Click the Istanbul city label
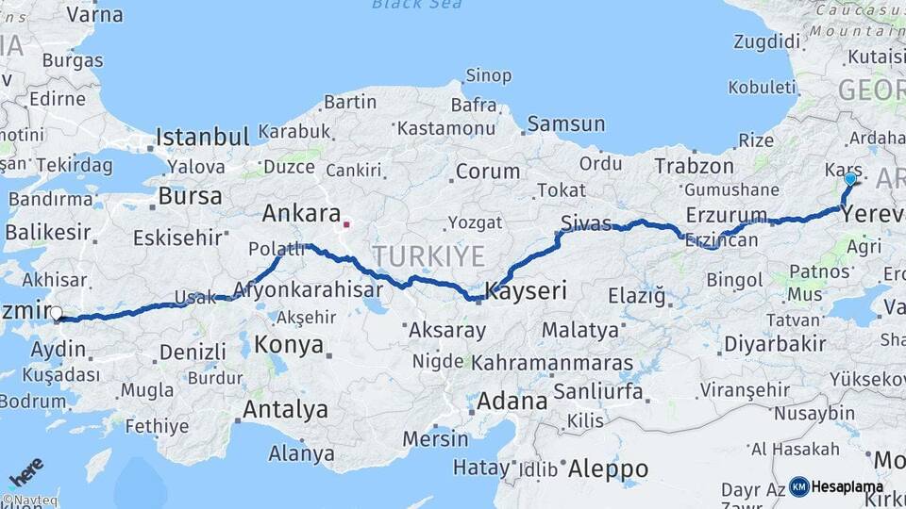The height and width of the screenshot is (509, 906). pyautogui.click(x=202, y=137)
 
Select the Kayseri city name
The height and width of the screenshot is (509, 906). pyautogui.click(x=526, y=290)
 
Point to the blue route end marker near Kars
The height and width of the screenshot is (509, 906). pyautogui.click(x=850, y=178)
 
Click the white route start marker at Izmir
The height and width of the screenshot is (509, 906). pyautogui.click(x=57, y=314)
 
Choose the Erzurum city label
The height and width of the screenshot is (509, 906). pyautogui.click(x=726, y=214)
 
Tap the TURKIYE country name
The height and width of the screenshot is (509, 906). pyautogui.click(x=428, y=255)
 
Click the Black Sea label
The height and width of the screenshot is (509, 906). pyautogui.click(x=416, y=5)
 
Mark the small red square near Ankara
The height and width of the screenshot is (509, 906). pyautogui.click(x=346, y=224)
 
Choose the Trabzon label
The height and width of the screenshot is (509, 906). pyautogui.click(x=694, y=166)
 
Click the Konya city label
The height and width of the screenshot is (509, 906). pyautogui.click(x=289, y=343)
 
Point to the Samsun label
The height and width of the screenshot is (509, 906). pyautogui.click(x=565, y=123)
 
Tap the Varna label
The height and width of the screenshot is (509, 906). pyautogui.click(x=93, y=14)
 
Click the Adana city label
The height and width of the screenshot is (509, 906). pyautogui.click(x=512, y=401)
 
